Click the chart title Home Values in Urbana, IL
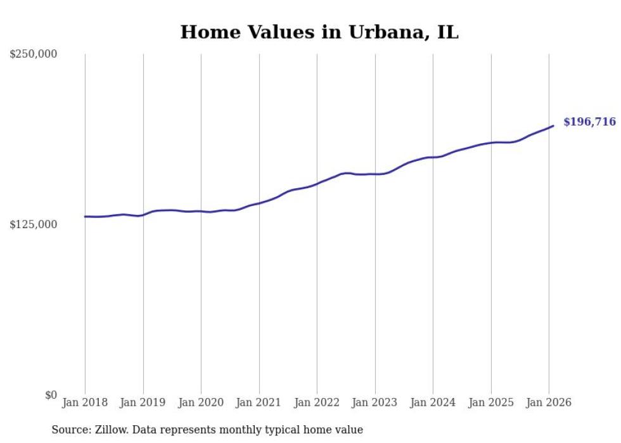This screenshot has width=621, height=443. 319,32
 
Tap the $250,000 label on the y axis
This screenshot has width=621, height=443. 34,55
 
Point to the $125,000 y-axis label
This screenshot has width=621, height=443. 34,224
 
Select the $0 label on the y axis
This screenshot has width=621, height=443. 51,395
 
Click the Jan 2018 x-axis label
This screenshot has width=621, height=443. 85,402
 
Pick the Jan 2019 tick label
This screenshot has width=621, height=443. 143,402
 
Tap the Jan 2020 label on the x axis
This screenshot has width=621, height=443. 201,402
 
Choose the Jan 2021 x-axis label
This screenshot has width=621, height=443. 259,402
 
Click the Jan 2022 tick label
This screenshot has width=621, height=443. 317,402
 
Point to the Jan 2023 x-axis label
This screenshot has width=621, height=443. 375,402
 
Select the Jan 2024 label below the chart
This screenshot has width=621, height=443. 433,402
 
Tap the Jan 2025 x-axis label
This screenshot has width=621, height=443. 490,402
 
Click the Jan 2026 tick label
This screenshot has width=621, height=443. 549,402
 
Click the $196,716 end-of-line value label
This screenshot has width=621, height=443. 589,122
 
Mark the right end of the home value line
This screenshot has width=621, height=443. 553,125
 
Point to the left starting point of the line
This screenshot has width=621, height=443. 85,216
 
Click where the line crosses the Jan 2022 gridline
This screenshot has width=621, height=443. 317,184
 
